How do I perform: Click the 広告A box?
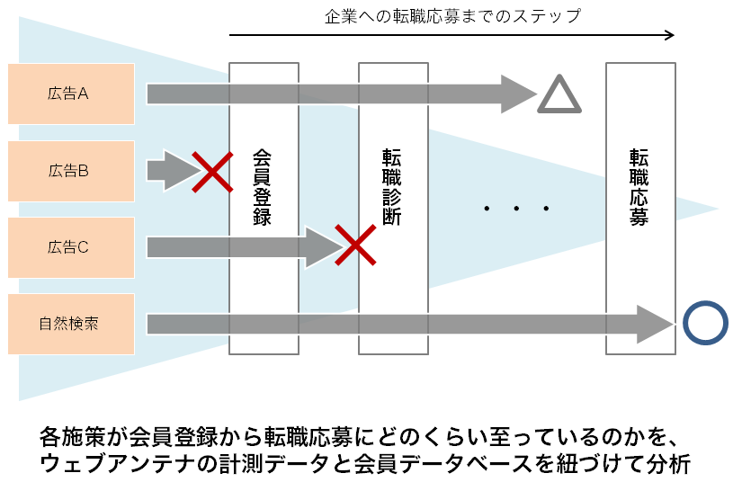pos(70,94)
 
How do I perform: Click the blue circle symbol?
pos(705,323)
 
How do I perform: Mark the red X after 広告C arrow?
pos(355,245)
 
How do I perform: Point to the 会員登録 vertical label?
pos(263,187)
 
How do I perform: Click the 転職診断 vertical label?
pos(392,187)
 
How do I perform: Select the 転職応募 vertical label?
pos(639,187)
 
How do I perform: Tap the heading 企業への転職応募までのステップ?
pos(452,15)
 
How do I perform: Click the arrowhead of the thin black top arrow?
pos(668,36)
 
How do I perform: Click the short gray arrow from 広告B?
pos(171,170)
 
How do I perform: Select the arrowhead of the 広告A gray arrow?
pos(519,94)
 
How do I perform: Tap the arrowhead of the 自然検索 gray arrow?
pos(655,324)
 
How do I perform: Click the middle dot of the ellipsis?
pos(516,210)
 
